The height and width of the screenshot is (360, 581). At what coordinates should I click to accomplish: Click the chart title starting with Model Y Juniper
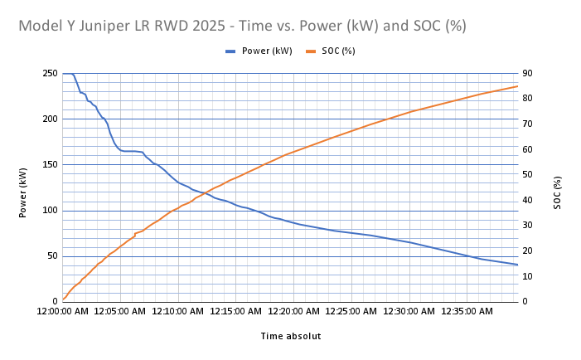[242, 26]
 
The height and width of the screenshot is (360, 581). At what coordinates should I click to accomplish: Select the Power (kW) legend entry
[259, 51]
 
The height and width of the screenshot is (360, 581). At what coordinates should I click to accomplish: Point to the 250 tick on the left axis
[49, 74]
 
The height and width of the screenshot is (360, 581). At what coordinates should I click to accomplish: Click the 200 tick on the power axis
[49, 119]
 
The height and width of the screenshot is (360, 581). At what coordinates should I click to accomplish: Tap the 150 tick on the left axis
[49, 165]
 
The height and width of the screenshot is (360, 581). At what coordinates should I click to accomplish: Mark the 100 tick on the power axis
[49, 211]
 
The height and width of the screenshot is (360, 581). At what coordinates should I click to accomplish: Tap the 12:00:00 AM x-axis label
[63, 312]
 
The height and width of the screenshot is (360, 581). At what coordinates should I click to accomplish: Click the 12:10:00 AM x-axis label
[179, 312]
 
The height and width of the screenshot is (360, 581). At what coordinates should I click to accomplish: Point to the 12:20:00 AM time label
[295, 312]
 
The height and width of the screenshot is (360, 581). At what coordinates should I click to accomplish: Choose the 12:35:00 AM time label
[468, 312]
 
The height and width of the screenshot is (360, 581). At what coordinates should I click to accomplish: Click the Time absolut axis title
[290, 336]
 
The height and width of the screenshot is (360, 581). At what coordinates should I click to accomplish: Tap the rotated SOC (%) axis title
[557, 192]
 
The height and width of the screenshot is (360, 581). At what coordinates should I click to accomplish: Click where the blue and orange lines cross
[204, 193]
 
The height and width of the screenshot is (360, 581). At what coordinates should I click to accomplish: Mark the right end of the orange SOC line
[517, 86]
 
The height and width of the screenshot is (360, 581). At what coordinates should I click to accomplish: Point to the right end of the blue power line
[517, 265]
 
